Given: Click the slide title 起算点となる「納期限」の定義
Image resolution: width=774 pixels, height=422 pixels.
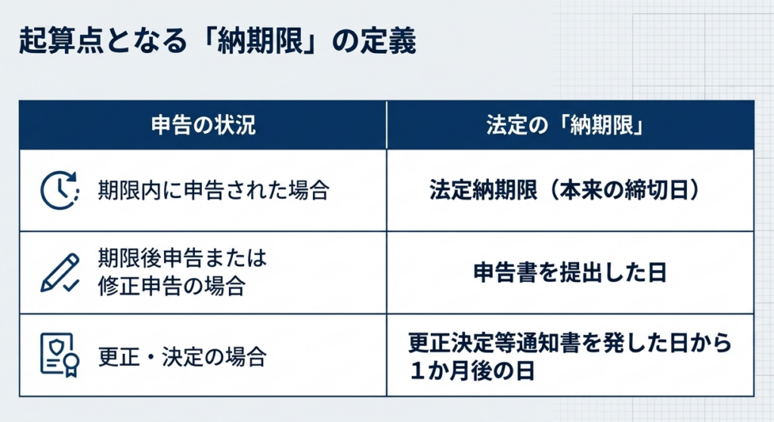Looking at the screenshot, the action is click(217, 41).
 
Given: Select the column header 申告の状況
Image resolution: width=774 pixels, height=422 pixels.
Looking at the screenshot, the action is click(203, 125).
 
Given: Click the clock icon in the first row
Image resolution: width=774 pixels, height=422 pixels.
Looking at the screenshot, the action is click(60, 191).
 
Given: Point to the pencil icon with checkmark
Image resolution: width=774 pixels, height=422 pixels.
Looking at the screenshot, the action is click(60, 273).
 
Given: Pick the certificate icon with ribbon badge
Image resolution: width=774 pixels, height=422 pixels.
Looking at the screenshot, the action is click(60, 355).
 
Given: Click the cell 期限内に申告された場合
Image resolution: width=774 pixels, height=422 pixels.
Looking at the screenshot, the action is click(214, 191).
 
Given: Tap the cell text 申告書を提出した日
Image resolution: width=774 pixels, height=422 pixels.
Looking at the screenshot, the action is click(570, 273).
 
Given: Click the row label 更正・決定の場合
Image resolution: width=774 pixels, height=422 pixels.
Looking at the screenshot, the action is click(183, 356).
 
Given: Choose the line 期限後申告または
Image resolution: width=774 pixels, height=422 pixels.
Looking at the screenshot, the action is click(183, 258).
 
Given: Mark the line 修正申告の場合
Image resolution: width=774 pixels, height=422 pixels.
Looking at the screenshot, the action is click(172, 286).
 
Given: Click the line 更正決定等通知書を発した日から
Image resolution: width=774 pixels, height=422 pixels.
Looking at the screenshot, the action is click(570, 343).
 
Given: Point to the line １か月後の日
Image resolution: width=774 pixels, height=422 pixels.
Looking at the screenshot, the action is click(472, 371).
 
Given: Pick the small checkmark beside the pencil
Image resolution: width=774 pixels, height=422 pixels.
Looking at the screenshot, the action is click(72, 285).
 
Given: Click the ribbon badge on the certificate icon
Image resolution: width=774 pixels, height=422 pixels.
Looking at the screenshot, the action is click(72, 365).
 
